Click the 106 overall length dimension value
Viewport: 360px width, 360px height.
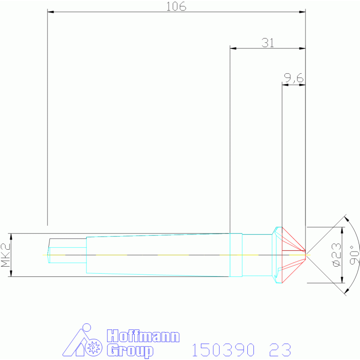[x=176, y=7]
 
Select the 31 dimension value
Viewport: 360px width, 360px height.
[x=268, y=43]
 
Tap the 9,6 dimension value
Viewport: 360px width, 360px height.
[x=294, y=78]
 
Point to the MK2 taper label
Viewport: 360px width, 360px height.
[x=6, y=255]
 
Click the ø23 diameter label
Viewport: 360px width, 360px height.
[x=337, y=255]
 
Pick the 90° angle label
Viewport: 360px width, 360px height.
[x=354, y=255]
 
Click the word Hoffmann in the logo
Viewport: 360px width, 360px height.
[x=143, y=337]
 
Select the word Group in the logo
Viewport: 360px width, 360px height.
[x=130, y=351]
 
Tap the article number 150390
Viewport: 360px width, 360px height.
[x=223, y=350]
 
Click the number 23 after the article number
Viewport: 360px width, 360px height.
[x=280, y=350]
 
